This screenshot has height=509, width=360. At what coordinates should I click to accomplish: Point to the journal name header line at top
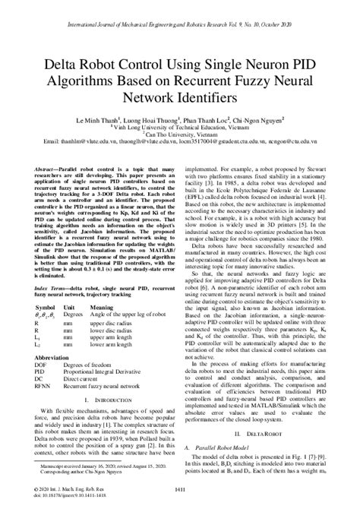pos(180,13)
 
